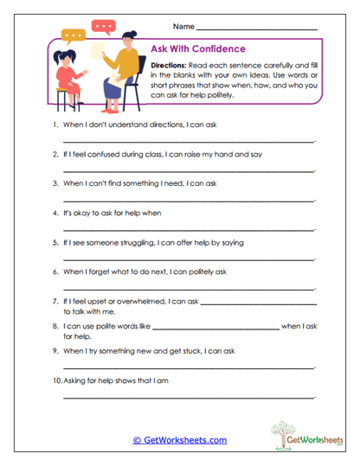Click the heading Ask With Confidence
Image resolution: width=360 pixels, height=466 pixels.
(x=197, y=49)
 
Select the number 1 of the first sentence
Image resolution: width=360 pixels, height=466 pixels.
(x=55, y=125)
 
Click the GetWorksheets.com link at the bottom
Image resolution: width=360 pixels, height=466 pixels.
(x=180, y=440)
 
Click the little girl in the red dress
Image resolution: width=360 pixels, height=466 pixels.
(x=65, y=76)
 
